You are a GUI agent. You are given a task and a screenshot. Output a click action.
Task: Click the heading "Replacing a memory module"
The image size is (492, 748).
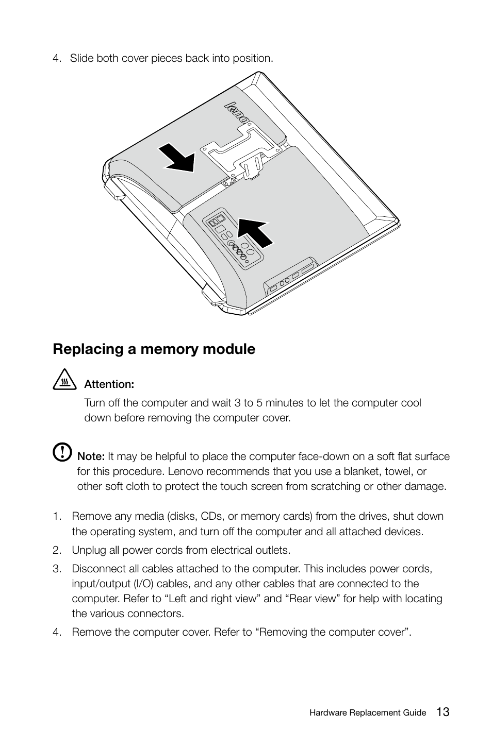coord(154,349)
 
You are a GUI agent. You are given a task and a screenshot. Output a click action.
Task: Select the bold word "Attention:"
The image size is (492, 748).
coord(109,384)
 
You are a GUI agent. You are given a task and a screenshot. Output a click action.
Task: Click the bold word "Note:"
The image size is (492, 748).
coord(91,456)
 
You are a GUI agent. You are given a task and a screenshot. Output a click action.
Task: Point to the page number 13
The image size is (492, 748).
coord(442,712)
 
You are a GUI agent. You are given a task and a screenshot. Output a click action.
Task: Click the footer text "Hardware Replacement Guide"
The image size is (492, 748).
coord(367,713)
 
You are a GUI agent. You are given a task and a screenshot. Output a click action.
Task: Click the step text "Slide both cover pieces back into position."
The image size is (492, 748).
coord(171,58)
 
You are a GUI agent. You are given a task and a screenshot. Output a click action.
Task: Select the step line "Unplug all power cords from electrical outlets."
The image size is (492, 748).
coord(181,550)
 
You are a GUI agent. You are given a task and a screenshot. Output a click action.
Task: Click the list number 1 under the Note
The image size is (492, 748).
coord(55,517)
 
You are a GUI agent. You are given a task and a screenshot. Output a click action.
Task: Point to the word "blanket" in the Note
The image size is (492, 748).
coord(364,471)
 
